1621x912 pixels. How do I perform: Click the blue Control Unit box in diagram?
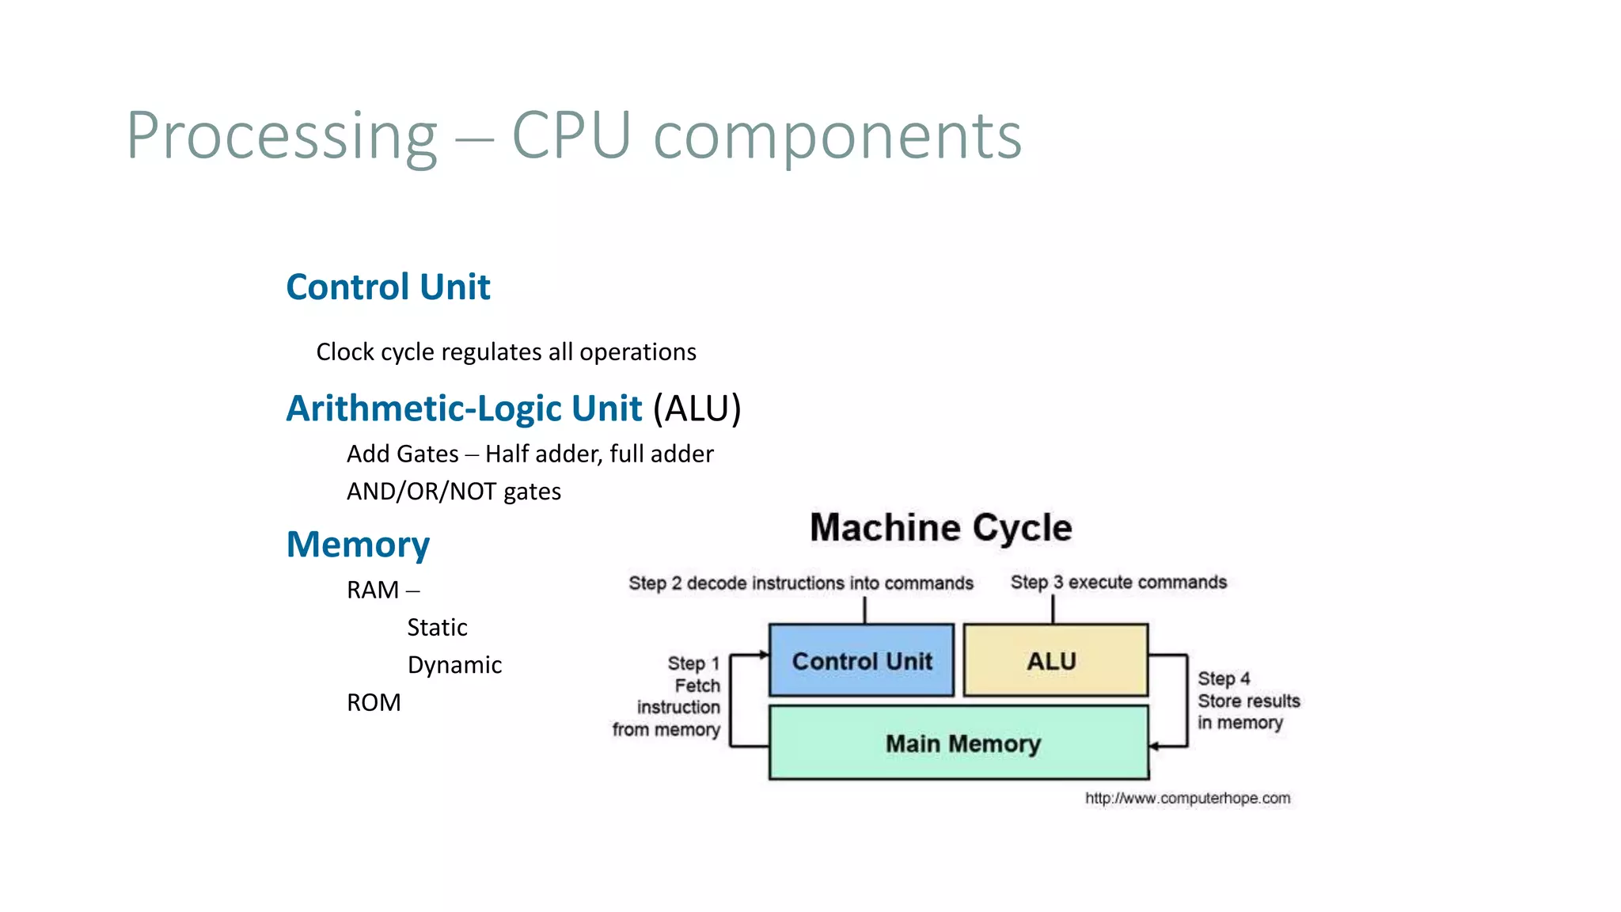[861, 660]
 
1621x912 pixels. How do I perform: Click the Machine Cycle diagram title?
[940, 528]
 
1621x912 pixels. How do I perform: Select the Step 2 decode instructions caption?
[800, 583]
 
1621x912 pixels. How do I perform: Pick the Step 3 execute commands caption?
[1118, 583]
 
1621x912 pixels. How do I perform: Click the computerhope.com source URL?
[1186, 798]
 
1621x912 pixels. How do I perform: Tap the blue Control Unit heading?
[388, 287]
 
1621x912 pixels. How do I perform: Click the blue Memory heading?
[358, 545]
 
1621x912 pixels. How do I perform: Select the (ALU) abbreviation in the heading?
[697, 408]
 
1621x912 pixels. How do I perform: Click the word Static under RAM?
[437, 628]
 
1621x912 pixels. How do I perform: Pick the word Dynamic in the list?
[454, 665]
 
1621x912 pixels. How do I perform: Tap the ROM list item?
[374, 702]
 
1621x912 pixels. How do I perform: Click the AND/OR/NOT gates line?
[454, 492]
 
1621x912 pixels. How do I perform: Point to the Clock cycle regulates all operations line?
[506, 352]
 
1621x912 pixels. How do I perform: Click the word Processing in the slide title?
[282, 136]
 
